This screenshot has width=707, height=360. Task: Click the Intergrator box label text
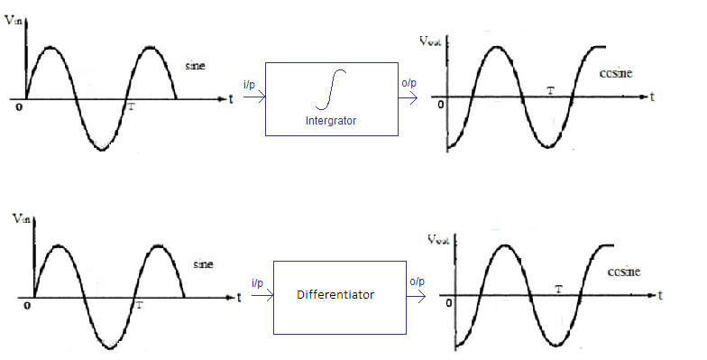coord(331,119)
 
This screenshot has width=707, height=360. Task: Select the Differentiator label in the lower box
coord(335,294)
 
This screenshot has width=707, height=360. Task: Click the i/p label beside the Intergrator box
coord(250,82)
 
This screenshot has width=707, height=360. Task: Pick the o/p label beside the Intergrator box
coord(409,82)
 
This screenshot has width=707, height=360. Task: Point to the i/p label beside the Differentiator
coord(257,282)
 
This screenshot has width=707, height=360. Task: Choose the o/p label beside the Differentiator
coord(417,282)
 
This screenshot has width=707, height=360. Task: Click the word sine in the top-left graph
coord(196,66)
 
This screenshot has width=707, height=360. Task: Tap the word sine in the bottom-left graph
coord(204,265)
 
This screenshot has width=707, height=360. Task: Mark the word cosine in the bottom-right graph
coord(624,270)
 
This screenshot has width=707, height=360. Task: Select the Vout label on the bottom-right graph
coord(438,239)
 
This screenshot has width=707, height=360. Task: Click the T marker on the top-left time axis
coord(132,106)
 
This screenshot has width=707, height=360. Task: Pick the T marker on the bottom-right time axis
coord(559,290)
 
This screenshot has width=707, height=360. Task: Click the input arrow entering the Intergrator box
coord(253,97)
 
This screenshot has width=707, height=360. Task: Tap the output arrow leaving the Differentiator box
coord(417,296)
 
